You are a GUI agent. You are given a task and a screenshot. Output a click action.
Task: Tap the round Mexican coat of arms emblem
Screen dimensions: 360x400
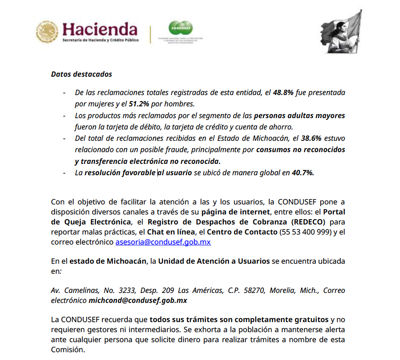tap(47, 31)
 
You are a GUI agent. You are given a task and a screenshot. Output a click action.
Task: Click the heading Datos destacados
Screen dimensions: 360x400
tap(81, 74)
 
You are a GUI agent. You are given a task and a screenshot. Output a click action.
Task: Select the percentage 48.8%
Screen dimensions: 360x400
tap(283, 92)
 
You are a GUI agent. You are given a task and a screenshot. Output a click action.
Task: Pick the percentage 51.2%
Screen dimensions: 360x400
tap(139, 104)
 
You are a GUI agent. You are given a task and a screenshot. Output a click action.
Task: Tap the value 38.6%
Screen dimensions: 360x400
tap(311, 139)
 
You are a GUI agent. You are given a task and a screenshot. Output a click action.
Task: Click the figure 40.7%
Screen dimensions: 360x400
tap(303, 173)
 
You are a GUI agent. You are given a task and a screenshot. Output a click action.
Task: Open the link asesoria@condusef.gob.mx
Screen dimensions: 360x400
tap(163, 242)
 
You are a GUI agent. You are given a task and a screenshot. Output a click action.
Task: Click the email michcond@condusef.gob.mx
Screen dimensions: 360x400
tap(138, 301)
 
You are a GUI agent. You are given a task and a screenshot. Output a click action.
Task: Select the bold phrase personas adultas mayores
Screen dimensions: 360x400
tap(299, 115)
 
